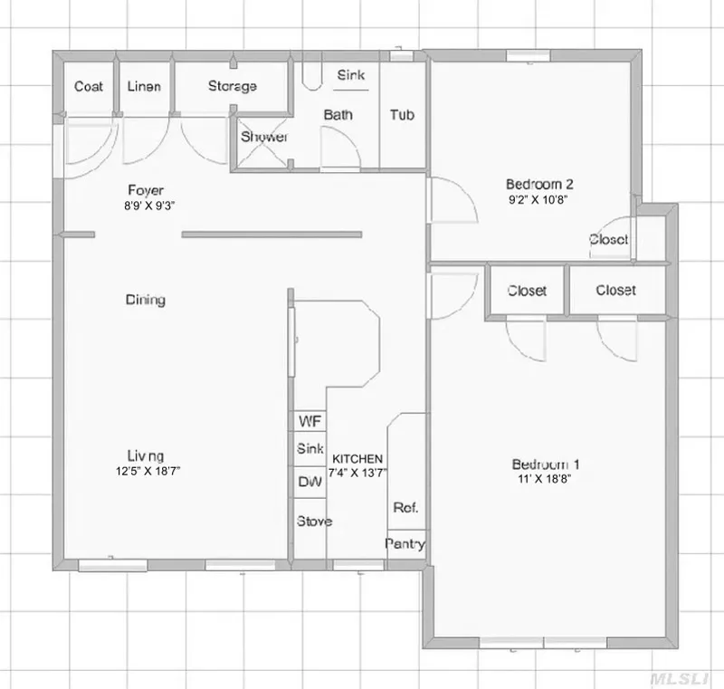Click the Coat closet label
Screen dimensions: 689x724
pyautogui.click(x=88, y=87)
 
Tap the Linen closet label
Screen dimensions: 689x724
pyautogui.click(x=144, y=87)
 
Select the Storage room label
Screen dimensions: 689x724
pyautogui.click(x=233, y=87)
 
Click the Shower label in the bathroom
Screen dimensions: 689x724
pyautogui.click(x=263, y=138)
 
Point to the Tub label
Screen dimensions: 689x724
pyautogui.click(x=403, y=115)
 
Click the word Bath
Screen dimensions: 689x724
pyautogui.click(x=338, y=115)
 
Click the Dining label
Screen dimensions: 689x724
pyautogui.click(x=145, y=300)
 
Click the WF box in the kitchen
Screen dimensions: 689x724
pyautogui.click(x=310, y=422)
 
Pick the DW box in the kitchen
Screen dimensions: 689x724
pyautogui.click(x=310, y=482)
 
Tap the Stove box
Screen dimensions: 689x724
pyautogui.click(x=313, y=522)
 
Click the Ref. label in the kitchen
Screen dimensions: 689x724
pyautogui.click(x=405, y=508)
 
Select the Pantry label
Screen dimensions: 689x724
pyautogui.click(x=405, y=544)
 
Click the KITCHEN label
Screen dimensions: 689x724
pyautogui.click(x=357, y=459)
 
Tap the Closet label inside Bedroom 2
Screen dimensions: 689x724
pyautogui.click(x=608, y=240)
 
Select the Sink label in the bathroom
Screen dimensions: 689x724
pyautogui.click(x=351, y=76)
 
